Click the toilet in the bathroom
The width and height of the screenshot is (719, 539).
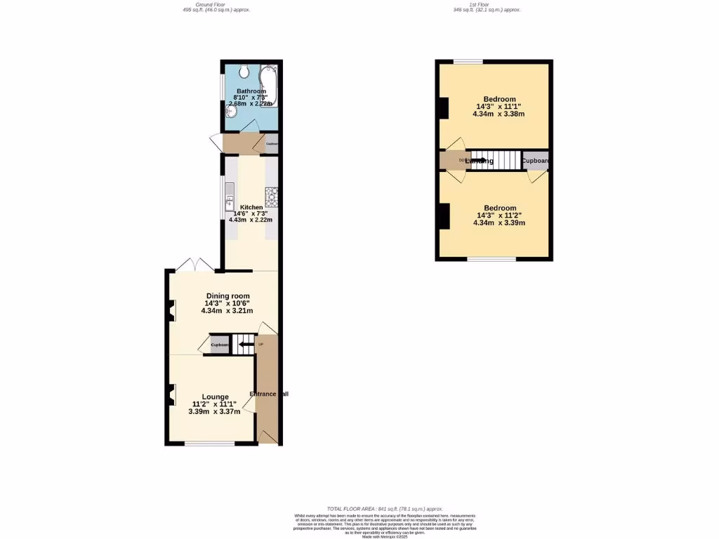pos(244,71)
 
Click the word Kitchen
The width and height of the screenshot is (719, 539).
pos(251,208)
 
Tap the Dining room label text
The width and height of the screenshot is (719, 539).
pos(227,296)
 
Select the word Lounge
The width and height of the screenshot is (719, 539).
pos(215,397)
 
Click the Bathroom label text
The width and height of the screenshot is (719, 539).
pos(251,91)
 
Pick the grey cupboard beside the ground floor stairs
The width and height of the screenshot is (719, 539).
pos(220,345)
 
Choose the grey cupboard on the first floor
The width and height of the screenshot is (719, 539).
pos(535,161)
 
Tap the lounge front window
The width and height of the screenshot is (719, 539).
pos(210,444)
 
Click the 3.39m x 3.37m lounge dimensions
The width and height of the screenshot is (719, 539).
pos(214,412)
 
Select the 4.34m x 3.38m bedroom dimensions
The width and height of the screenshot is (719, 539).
pos(499,114)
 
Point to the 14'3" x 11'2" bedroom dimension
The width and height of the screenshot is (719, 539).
pos(499,215)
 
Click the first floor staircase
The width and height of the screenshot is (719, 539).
pos(495,160)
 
